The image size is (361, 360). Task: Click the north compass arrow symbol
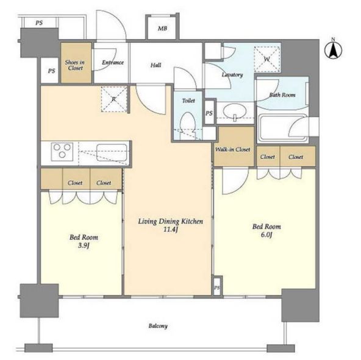(333, 49)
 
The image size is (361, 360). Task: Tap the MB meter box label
(162, 29)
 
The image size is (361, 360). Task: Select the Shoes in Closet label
(75, 65)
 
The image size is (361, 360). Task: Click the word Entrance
(113, 63)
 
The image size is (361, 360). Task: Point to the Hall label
(155, 65)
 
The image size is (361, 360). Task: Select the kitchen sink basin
(112, 152)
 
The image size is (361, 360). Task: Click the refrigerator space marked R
(114, 99)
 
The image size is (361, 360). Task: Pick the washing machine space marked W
(267, 59)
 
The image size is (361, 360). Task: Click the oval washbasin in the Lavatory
(234, 111)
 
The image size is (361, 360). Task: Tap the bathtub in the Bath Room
(283, 128)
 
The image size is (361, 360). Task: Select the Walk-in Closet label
(232, 149)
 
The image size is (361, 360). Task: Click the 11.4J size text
(171, 230)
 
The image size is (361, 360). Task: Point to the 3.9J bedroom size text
(84, 245)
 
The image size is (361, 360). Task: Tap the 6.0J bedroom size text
(266, 235)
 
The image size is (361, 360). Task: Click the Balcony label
(158, 326)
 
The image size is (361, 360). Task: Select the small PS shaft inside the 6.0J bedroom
(217, 286)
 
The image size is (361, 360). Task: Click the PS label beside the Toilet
(209, 113)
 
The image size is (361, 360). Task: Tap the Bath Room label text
(282, 95)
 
